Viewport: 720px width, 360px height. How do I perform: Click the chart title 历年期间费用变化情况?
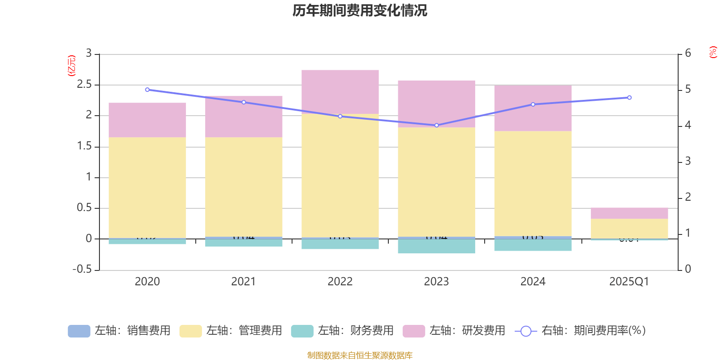[x=360, y=10]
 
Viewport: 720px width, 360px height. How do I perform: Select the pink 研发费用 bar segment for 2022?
[x=340, y=91]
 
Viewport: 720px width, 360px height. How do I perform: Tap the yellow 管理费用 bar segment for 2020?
[x=147, y=187]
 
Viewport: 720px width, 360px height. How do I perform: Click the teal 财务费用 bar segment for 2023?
[x=436, y=246]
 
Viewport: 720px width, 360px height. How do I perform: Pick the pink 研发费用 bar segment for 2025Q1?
[x=629, y=213]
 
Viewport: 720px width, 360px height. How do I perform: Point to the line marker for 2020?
[x=147, y=90]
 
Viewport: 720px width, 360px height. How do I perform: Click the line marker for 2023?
[x=436, y=125]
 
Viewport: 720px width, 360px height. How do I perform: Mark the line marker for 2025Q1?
[x=629, y=98]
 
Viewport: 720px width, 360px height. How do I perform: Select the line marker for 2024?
[x=533, y=104]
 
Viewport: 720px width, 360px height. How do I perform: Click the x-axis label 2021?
[x=243, y=282]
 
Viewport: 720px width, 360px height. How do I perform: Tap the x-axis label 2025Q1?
[x=629, y=282]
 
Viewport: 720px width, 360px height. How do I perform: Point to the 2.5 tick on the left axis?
[x=85, y=85]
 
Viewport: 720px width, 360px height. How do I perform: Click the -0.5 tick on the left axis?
[x=82, y=270]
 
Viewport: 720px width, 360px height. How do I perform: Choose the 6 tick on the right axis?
[x=688, y=54]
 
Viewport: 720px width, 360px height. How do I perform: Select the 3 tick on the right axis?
[x=688, y=161]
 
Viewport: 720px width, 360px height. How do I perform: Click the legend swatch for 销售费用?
[x=79, y=331]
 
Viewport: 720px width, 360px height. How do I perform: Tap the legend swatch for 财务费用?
[x=302, y=331]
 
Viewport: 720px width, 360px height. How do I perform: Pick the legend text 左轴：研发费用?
[x=467, y=331]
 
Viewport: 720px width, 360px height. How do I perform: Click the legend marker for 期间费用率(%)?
[x=526, y=331]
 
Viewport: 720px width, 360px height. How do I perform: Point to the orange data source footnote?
[x=360, y=355]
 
